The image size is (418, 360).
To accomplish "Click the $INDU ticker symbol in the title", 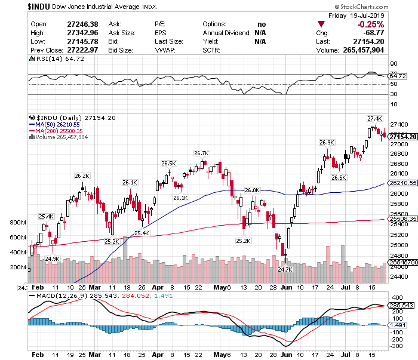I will coord(16,5).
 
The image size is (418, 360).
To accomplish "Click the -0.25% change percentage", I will coord(371,24).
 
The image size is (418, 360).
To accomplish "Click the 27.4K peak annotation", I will coord(374,118).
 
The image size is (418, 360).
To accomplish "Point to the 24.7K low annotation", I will coord(285,269).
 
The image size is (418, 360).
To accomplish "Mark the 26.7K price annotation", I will coord(201,153).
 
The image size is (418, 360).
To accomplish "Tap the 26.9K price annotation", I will coord(327,142).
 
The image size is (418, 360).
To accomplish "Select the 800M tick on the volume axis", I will coord(18,222).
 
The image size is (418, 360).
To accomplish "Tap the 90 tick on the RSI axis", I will coord(394,63).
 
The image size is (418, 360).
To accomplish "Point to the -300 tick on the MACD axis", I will coord(396,346).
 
